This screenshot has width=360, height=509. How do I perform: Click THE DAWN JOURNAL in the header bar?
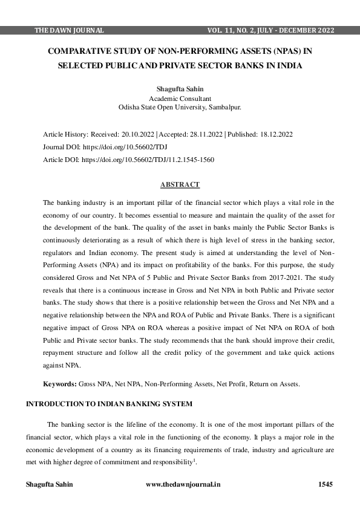click(70, 30)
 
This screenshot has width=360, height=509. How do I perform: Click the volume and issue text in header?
click(270, 30)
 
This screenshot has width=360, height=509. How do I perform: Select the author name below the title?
click(180, 89)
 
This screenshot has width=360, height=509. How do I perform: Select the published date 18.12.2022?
click(276, 134)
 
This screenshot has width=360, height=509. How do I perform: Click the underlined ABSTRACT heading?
click(180, 184)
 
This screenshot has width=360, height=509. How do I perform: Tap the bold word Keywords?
click(59, 384)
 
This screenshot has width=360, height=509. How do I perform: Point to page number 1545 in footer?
click(326, 484)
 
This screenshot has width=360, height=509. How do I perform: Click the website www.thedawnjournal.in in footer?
click(183, 484)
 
